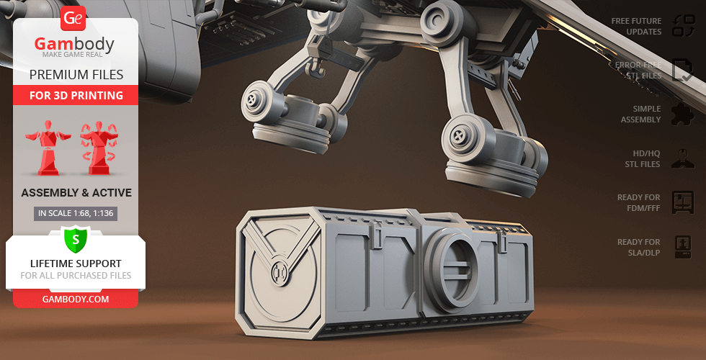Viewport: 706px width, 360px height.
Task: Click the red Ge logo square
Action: point(73,18)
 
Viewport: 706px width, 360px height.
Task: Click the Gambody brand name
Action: point(73,44)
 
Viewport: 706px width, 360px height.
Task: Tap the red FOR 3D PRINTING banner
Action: point(76,95)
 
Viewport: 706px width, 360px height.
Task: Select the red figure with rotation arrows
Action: point(99,147)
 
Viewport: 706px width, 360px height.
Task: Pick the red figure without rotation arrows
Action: point(48,147)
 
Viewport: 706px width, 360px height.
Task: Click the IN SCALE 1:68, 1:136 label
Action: point(76,214)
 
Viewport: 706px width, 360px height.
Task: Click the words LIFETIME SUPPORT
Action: point(76,264)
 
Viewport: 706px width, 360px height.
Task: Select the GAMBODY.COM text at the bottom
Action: point(76,299)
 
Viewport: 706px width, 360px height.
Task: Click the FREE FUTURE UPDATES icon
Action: point(683,26)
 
